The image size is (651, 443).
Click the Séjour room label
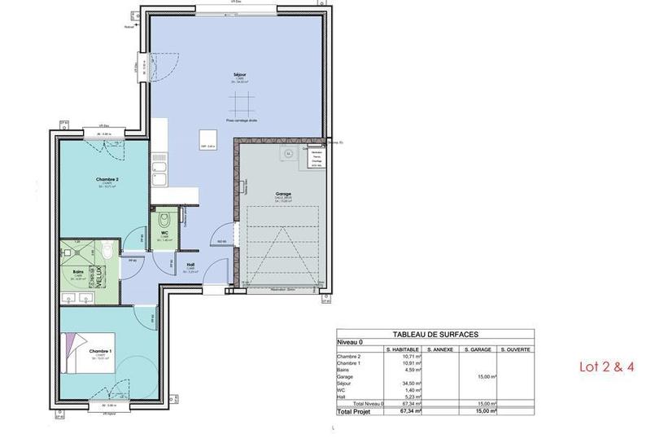coord(240,74)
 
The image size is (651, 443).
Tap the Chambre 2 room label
coord(107,179)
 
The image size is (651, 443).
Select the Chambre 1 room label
coord(101,350)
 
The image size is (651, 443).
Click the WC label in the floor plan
coord(164,233)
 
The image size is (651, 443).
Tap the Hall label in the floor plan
coord(190,265)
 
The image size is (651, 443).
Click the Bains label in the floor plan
coord(79,272)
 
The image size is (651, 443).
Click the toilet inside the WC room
coord(164,218)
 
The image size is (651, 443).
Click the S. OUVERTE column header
coord(516,349)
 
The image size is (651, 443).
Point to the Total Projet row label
coord(358,413)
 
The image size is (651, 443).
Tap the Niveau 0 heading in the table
coord(351,342)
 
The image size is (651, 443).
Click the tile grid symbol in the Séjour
coord(240,103)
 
